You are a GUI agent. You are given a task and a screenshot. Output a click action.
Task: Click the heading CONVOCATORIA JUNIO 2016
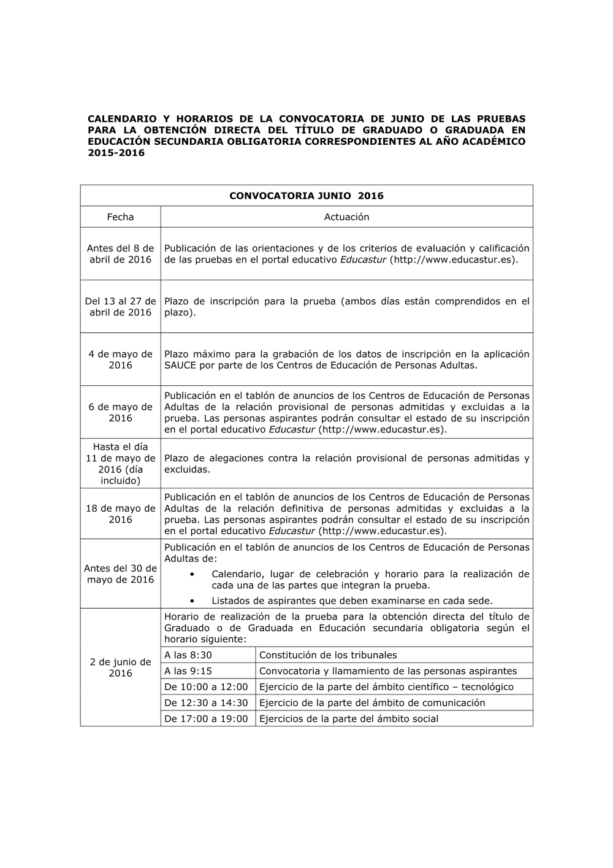point(306,196)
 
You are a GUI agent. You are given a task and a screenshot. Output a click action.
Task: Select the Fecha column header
point(120,217)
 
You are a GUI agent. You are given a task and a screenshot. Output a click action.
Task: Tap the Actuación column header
point(346,217)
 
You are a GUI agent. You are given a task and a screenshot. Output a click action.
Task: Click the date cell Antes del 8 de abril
point(120,254)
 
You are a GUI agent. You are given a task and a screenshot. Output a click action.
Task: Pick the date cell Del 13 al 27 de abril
point(120,307)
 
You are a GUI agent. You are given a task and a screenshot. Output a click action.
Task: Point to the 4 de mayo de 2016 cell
point(120,359)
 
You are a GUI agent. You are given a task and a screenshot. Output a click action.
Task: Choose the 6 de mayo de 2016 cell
point(120,412)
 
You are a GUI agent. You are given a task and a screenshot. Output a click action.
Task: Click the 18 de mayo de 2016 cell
point(120,514)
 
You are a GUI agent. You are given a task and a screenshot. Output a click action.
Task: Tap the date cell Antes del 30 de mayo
point(120,574)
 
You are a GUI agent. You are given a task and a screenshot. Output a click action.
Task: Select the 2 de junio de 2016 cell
point(120,667)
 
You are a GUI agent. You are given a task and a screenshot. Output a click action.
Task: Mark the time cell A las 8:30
point(188,655)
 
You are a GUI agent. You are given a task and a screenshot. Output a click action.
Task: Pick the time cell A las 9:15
point(188,671)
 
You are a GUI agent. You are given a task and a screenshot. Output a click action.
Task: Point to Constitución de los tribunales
point(328,655)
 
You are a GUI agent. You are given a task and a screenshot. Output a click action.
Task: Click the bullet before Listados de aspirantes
point(193,601)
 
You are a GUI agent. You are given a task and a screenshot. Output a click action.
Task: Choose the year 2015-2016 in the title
point(116,153)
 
